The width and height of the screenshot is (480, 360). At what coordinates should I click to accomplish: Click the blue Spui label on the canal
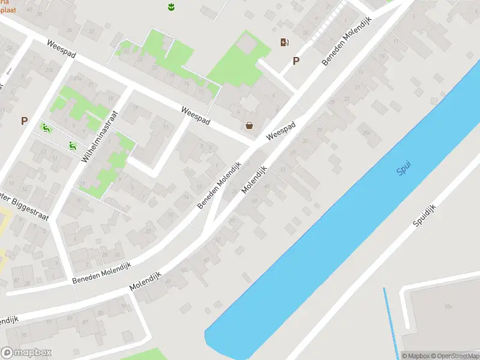coord(404,170)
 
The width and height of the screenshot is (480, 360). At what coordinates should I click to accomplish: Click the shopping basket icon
coord(249,125)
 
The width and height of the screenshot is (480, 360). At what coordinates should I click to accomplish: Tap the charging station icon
coord(284,42)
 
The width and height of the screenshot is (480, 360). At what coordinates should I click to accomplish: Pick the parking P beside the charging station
coord(295,61)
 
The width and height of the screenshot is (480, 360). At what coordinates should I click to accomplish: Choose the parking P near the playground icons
coord(24,121)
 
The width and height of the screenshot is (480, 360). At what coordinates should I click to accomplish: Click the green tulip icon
coord(171,7)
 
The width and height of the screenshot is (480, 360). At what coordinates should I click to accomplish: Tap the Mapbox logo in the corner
coord(26,353)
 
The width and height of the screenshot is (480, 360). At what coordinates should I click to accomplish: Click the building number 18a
coord(448,306)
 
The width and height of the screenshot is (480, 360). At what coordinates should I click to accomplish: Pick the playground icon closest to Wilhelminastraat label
coord(72,145)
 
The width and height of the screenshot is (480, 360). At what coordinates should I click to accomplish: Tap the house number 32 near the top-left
coord(91,31)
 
